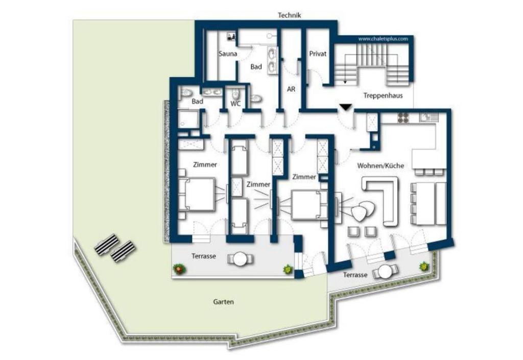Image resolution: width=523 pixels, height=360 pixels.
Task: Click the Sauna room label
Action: [x=228, y=54]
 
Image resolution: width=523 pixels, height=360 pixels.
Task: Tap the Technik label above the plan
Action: [x=289, y=15]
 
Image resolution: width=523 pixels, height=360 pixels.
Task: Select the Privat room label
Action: [x=318, y=54]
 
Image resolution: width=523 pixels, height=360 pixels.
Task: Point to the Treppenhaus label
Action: [x=383, y=95]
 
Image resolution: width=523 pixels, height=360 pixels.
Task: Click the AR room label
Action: [x=291, y=89]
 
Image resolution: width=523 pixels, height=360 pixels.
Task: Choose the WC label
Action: [x=235, y=104]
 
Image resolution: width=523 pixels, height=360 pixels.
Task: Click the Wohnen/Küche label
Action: [x=381, y=165]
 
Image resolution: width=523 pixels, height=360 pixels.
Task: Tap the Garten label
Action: [x=224, y=302]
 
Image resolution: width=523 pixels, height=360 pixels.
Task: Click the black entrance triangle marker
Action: [x=346, y=108]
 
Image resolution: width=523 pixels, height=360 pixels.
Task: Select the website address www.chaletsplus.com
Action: [x=383, y=39]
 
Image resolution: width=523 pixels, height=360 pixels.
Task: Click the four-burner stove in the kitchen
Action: [x=403, y=117]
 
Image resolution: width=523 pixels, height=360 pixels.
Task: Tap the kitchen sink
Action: [x=429, y=117]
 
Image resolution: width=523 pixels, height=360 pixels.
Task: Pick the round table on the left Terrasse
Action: [x=240, y=259]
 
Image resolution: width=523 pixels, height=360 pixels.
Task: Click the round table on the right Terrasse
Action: [x=385, y=272]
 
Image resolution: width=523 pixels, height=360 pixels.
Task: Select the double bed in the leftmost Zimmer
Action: [x=196, y=195]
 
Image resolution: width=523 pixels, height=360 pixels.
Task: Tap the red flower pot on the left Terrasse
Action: [x=179, y=269]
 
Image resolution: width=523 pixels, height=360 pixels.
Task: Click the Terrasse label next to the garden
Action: [x=203, y=256]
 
